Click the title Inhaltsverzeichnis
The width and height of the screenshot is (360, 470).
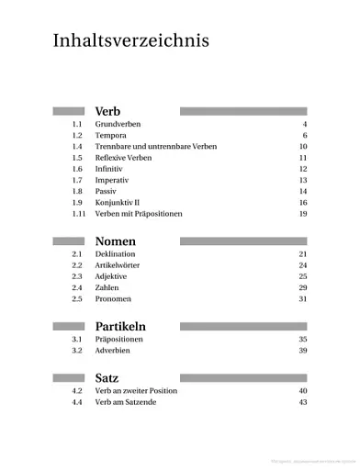tap(130, 41)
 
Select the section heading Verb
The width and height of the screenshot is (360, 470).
tap(107, 111)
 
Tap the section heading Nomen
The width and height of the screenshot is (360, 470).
tap(116, 241)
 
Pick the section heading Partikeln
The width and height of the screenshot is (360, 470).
tap(120, 326)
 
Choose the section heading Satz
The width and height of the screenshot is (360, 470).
tap(107, 378)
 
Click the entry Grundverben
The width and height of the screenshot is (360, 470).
tap(118, 124)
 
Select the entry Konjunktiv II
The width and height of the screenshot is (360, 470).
tap(118, 202)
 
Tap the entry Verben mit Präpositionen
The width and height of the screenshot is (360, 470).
tap(139, 214)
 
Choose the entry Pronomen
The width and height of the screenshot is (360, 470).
tap(113, 299)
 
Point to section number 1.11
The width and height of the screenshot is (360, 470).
tap(78, 214)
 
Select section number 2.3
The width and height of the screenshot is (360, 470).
tap(77, 276)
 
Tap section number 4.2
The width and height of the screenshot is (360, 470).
tap(77, 391)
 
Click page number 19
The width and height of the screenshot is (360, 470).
tap(302, 214)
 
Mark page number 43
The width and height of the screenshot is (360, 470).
tap(302, 402)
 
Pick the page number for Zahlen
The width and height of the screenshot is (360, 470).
tap(302, 288)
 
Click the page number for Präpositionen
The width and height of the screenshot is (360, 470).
tap(302, 340)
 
